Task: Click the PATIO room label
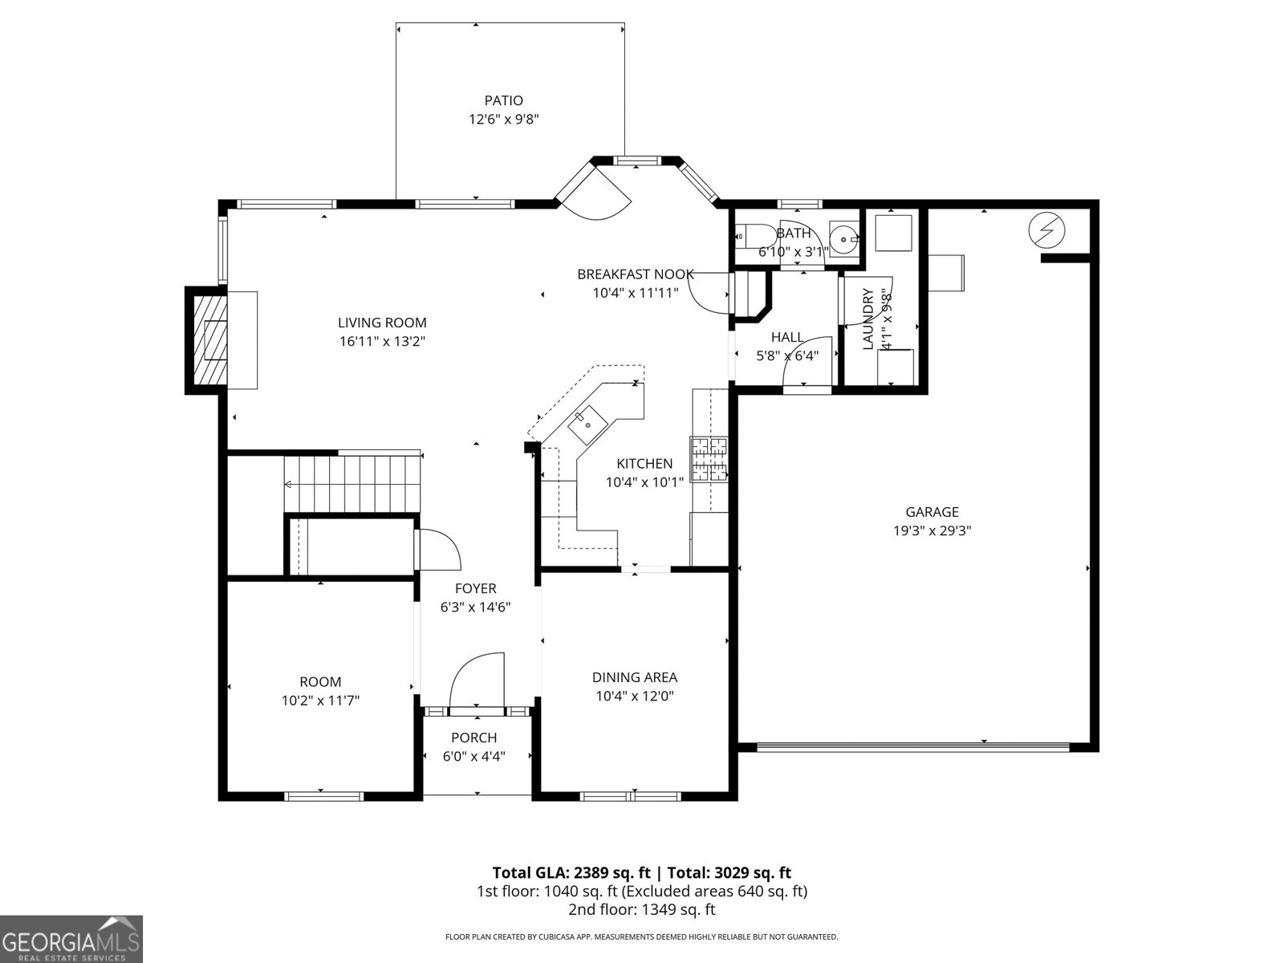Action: [504, 100]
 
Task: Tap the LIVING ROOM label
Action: [382, 323]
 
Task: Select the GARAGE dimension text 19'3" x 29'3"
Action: [932, 531]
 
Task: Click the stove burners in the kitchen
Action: [709, 460]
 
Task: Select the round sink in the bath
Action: [843, 239]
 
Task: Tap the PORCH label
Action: [473, 737]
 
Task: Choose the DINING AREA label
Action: [635, 677]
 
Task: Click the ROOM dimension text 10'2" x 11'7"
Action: [320, 701]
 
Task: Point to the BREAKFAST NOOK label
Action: [636, 274]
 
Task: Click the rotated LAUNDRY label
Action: [868, 319]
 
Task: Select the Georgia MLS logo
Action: [71, 939]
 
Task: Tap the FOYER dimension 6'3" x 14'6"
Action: [476, 607]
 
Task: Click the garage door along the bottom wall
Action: [913, 746]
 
